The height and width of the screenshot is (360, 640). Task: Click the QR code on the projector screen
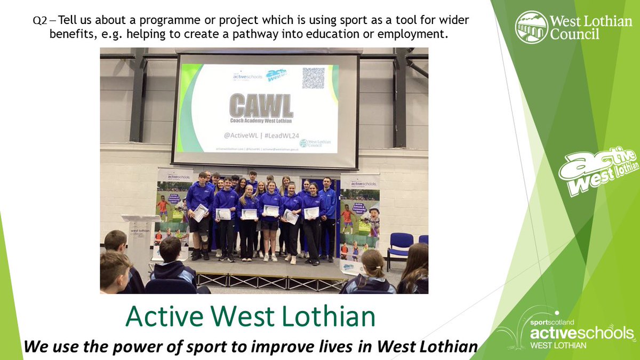tap(314, 78)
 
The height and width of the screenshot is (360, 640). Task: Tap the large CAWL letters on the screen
tap(261, 106)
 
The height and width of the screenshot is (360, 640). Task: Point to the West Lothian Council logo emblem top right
tap(531, 27)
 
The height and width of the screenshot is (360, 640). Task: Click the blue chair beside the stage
tap(401, 246)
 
